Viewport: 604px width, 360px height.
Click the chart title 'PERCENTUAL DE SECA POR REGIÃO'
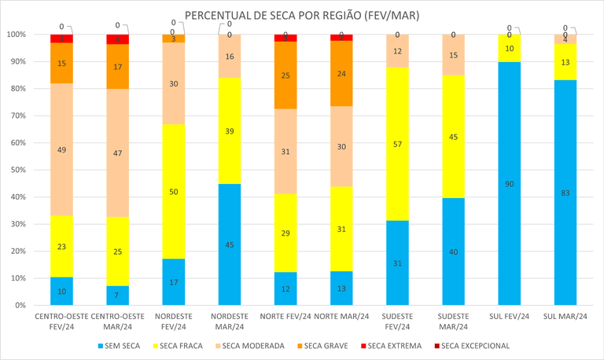tap(302, 16)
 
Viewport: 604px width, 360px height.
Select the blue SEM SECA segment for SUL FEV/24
tap(509, 183)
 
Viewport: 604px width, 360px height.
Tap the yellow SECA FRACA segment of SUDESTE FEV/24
tap(397, 144)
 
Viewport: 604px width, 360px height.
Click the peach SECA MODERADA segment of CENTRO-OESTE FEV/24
tap(61, 149)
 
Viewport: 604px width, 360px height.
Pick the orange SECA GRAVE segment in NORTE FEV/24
tap(285, 75)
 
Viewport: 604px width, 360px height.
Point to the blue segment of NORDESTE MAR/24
tap(230, 244)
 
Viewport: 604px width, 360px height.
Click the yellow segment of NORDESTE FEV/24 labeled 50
tap(173, 191)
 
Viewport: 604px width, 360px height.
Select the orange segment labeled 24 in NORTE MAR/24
tap(341, 73)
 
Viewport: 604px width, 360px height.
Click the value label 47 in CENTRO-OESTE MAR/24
tap(117, 153)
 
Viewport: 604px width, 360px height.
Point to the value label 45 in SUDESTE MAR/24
tap(453, 137)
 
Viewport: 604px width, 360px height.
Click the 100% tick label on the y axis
tap(15, 35)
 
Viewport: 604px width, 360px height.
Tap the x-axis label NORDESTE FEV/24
tap(173, 321)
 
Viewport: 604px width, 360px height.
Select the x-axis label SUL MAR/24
tap(565, 317)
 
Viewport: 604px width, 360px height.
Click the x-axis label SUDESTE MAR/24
tap(453, 321)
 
